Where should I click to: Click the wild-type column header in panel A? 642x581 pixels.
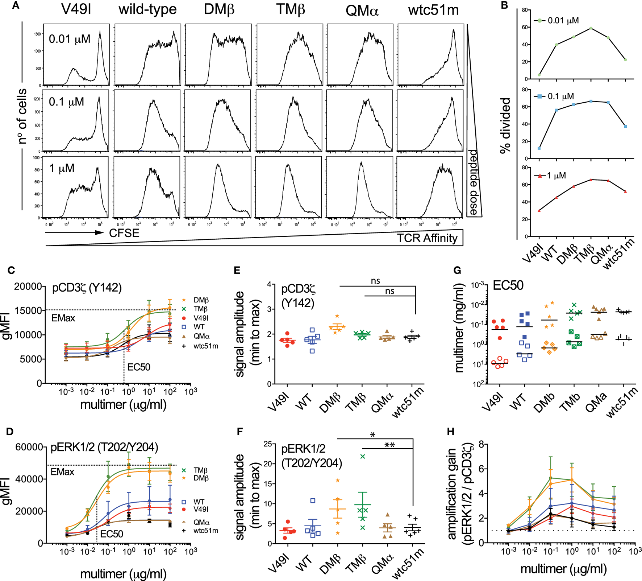[x=147, y=10]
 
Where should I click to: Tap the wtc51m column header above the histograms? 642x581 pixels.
[x=433, y=10]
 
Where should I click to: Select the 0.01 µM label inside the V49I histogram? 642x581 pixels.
[x=70, y=39]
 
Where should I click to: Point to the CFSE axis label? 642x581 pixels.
[x=124, y=233]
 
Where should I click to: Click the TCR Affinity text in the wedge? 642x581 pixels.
[x=427, y=238]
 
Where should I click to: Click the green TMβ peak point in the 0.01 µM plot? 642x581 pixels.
[x=591, y=28]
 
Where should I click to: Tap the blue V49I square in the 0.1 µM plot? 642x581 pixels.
[x=539, y=148]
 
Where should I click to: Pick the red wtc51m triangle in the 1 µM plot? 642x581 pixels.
[x=625, y=191]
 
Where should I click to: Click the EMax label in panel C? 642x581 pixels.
[x=63, y=318]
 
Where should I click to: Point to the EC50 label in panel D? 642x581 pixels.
[x=112, y=534]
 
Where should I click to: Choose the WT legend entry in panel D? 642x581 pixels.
[x=199, y=502]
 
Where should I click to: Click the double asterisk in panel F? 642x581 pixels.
[x=389, y=445]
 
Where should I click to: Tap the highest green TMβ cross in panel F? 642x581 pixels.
[x=363, y=457]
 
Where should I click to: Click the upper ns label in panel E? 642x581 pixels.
[x=375, y=281]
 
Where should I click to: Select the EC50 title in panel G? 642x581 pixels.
[x=508, y=285]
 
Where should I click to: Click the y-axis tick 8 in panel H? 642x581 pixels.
[x=481, y=444]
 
